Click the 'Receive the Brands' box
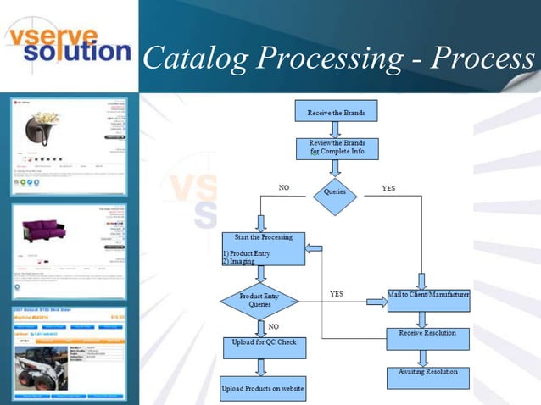[x=335, y=111]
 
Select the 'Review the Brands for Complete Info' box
[x=336, y=148]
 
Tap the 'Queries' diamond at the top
[x=335, y=192]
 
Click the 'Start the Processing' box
[x=263, y=248]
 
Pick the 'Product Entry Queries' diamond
[x=259, y=301]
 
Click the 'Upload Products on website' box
[x=263, y=389]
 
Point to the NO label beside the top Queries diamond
[x=285, y=188]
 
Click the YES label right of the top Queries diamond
[x=388, y=188]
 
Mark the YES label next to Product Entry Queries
[x=336, y=294]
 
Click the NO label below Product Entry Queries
[x=273, y=326]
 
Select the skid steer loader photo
[x=43, y=370]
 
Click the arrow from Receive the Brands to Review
[x=335, y=129]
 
